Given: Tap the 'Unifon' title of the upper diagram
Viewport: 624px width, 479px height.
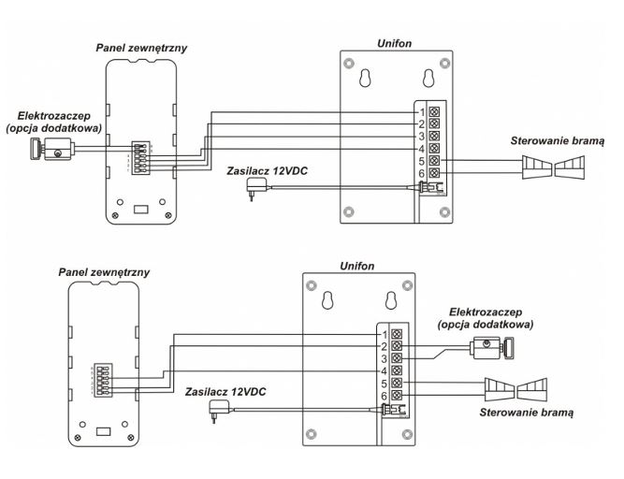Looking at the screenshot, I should click(x=394, y=41).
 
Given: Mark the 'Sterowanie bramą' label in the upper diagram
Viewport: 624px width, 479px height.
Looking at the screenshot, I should click(x=558, y=140).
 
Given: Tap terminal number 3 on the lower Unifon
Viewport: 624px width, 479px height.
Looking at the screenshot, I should click(x=397, y=358).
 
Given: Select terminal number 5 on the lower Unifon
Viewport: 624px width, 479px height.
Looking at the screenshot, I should click(x=397, y=383).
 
